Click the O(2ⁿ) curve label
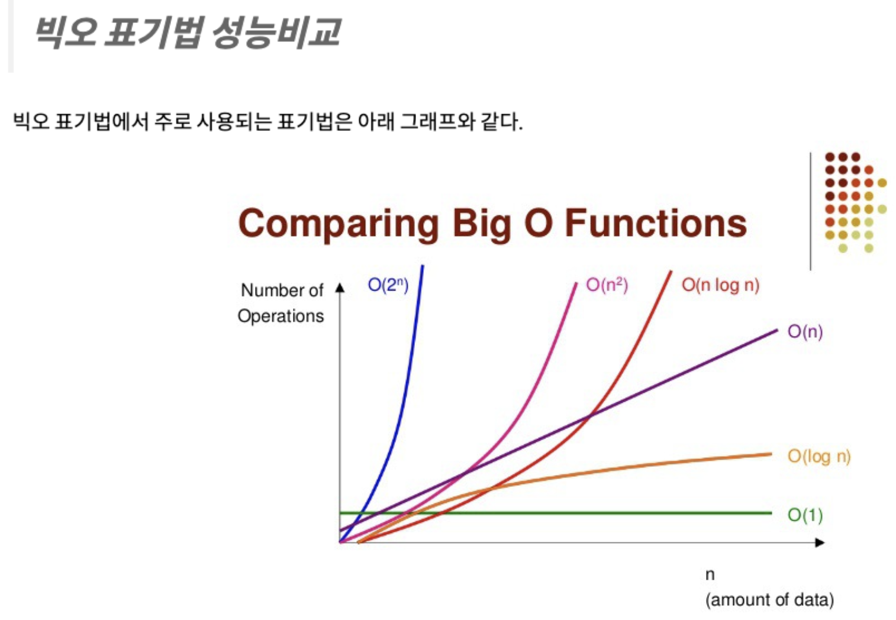[x=388, y=285]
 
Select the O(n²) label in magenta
[x=607, y=285]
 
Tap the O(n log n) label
[x=720, y=285]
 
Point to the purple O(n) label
[x=805, y=332]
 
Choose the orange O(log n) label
[x=819, y=457]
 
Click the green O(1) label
[x=805, y=515]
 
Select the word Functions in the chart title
[x=656, y=223]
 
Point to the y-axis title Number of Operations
[x=281, y=303]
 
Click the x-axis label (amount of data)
[x=769, y=600]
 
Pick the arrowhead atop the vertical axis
[x=340, y=288]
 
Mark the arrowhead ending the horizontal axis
[x=820, y=542]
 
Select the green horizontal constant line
[x=556, y=513]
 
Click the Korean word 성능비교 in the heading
[x=276, y=33]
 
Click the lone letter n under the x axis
[x=710, y=575]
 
